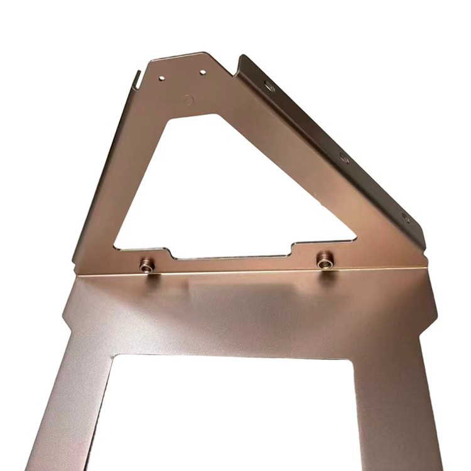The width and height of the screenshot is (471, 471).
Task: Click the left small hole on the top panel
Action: (x=162, y=78)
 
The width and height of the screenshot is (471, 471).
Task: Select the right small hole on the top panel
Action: (x=203, y=73)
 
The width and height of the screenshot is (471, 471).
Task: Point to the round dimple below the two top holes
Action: (x=188, y=99)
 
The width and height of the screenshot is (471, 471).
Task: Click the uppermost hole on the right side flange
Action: (x=269, y=86)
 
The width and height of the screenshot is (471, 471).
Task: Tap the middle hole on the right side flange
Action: (x=344, y=158)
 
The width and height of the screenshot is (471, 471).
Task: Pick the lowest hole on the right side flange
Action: (x=406, y=218)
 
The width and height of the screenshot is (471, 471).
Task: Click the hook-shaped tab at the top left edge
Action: (x=136, y=79)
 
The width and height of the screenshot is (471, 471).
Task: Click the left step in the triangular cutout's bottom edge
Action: (x=171, y=254)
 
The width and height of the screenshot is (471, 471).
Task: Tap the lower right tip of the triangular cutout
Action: (x=354, y=239)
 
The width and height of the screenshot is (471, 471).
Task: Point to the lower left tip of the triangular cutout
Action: (x=117, y=247)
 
